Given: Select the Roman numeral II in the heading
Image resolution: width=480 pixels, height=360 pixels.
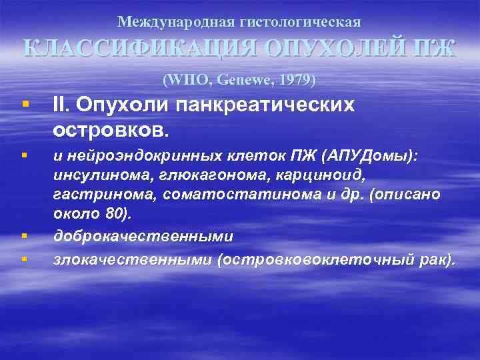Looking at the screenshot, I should point(61,105).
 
